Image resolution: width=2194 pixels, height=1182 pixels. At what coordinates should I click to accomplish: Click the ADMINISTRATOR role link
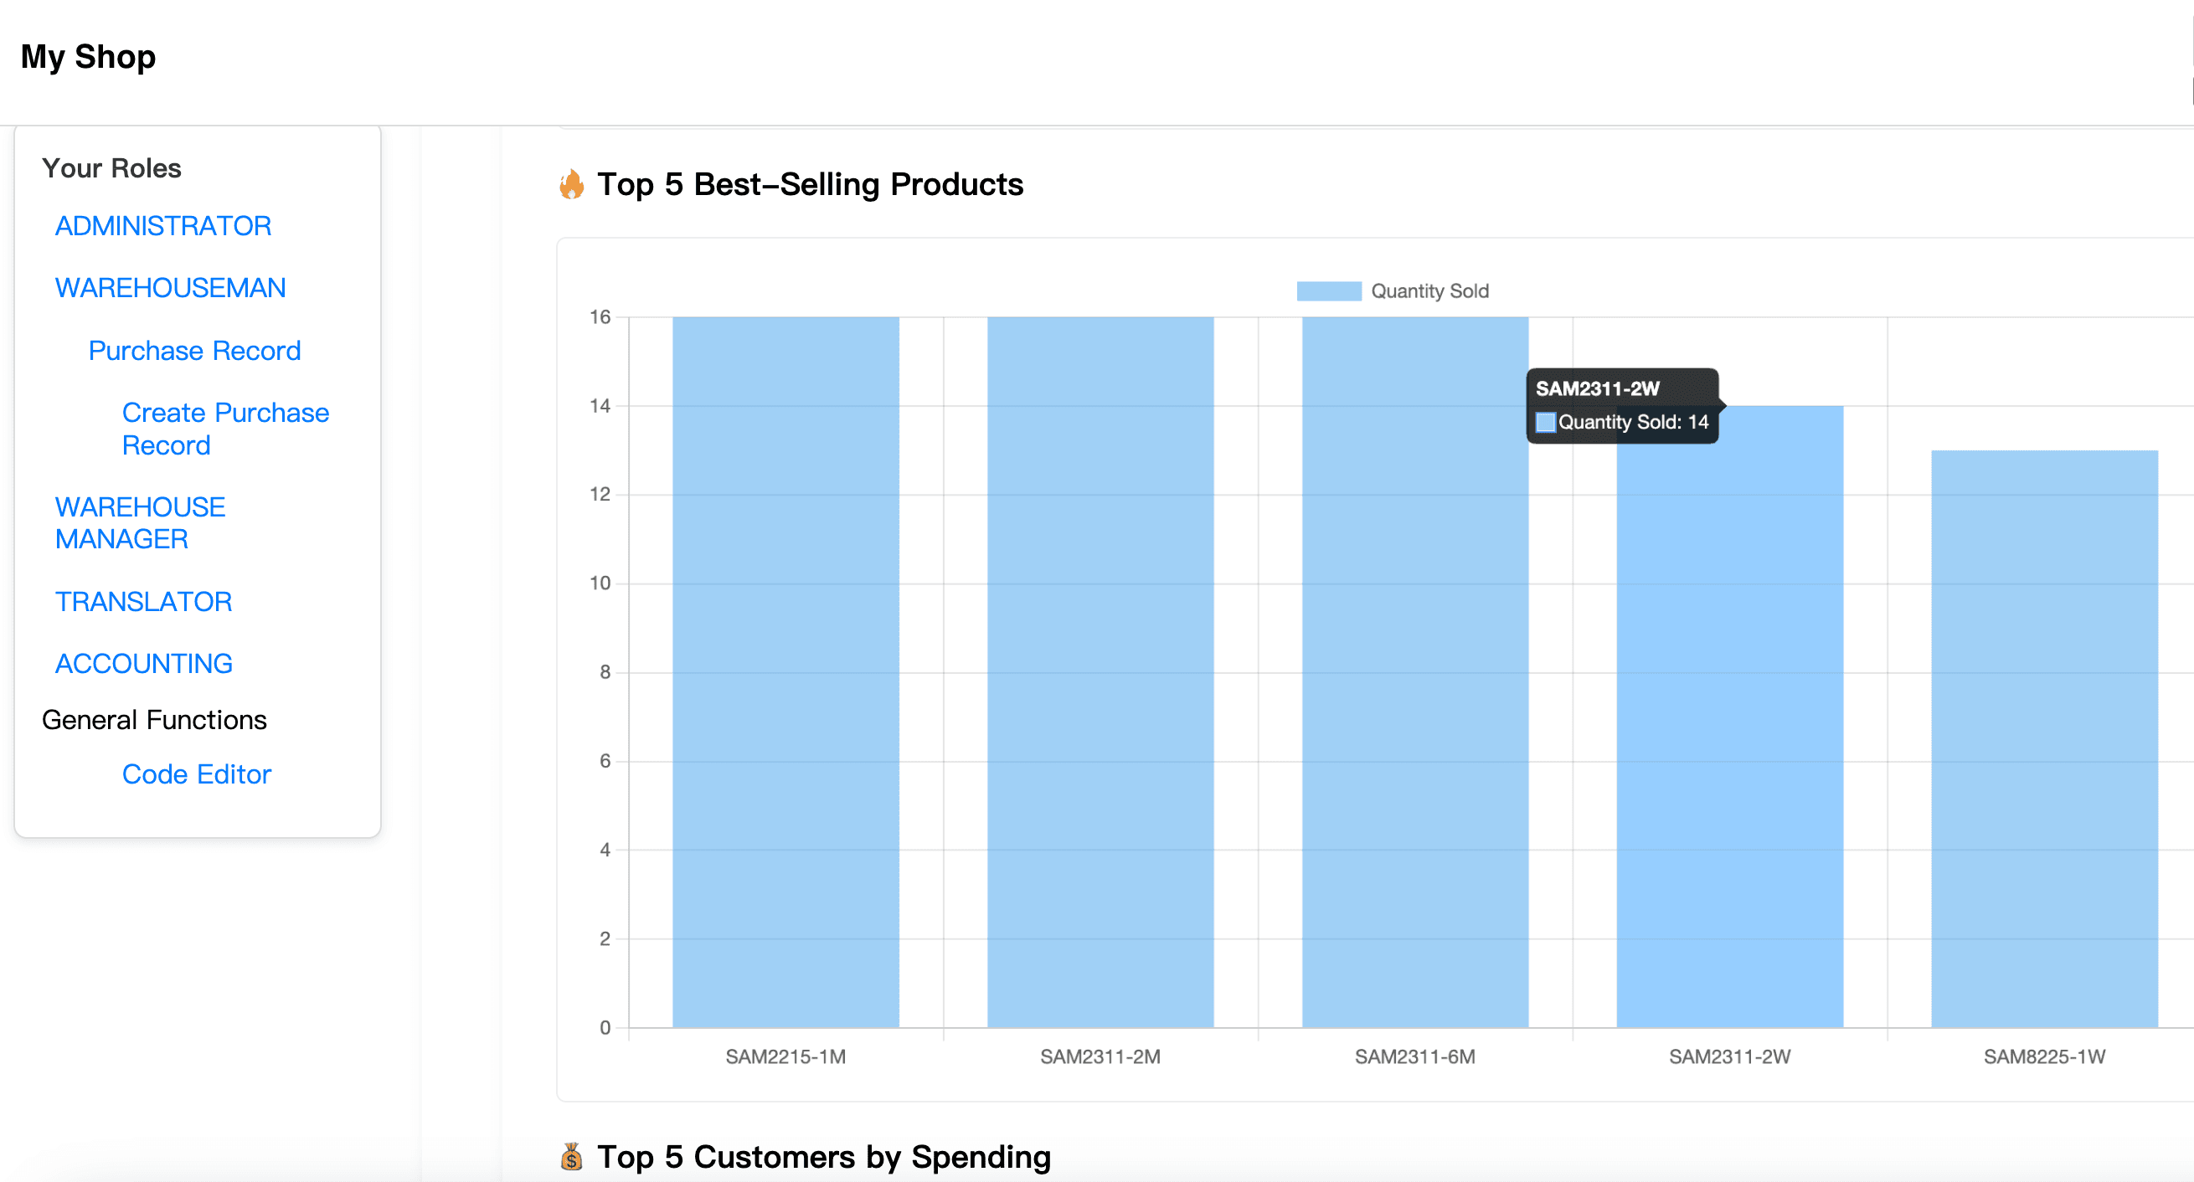[x=162, y=226]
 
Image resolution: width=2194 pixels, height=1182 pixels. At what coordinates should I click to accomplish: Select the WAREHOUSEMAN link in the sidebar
[x=169, y=288]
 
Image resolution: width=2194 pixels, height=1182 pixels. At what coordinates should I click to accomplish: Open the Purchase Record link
[x=194, y=350]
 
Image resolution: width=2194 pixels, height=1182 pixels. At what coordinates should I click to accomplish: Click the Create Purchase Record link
[x=225, y=429]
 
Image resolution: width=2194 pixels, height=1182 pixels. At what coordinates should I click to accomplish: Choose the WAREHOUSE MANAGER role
[x=139, y=523]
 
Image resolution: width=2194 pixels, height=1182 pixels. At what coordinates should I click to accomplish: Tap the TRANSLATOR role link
[x=143, y=601]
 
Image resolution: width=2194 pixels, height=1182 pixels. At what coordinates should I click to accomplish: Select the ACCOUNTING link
[x=143, y=663]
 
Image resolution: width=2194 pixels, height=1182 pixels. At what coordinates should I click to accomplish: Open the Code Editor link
[x=196, y=774]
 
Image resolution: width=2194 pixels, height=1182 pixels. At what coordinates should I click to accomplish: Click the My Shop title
[x=88, y=57]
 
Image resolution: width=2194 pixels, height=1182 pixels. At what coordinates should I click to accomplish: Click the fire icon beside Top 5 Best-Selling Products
[x=571, y=184]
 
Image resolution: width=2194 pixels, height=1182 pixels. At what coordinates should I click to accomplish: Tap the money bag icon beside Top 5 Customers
[x=571, y=1156]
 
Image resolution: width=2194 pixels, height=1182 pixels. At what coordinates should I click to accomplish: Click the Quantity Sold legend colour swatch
[x=1328, y=291]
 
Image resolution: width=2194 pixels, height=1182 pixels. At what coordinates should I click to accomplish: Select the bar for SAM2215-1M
[x=785, y=673]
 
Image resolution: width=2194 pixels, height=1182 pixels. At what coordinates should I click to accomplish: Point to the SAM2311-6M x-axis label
[x=1414, y=1056]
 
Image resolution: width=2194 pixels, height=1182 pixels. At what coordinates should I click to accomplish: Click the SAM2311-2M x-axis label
[x=1100, y=1056]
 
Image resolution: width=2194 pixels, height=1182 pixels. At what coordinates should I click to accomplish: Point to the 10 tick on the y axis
[x=600, y=583]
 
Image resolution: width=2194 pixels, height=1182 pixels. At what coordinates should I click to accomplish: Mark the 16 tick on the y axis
[x=600, y=316]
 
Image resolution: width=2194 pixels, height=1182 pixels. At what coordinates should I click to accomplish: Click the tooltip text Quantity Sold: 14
[x=1632, y=423]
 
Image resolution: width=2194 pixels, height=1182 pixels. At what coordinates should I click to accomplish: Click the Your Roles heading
[x=111, y=167]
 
